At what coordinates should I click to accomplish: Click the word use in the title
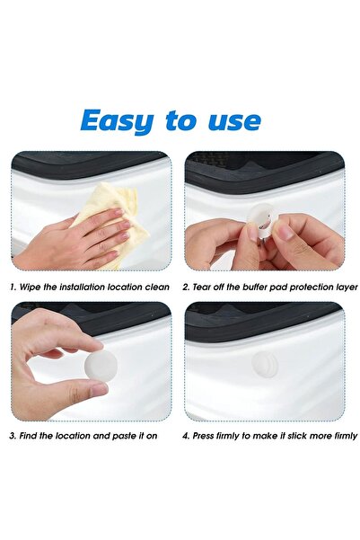(x=234, y=121)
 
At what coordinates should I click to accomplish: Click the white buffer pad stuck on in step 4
(x=264, y=364)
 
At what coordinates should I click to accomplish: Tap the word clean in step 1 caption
(x=157, y=287)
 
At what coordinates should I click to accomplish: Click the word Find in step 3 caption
(x=28, y=436)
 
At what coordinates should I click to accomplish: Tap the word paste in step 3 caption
(x=124, y=437)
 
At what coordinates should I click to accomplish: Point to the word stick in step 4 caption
(x=298, y=436)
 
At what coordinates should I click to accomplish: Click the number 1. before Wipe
(x=13, y=288)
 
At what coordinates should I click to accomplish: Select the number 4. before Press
(x=186, y=436)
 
